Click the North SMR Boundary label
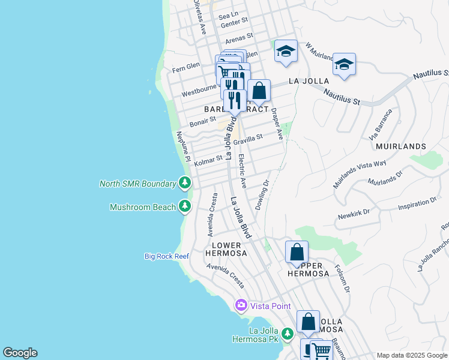click(137, 184)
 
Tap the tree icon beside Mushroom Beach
click(185, 207)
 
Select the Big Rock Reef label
click(167, 256)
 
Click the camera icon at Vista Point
click(241, 305)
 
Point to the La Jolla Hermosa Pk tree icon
click(288, 333)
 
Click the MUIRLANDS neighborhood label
click(400, 146)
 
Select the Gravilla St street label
click(248, 139)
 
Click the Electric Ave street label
click(242, 171)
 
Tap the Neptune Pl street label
click(182, 148)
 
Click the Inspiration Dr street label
click(417, 206)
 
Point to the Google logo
click(20, 353)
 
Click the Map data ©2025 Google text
click(412, 355)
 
